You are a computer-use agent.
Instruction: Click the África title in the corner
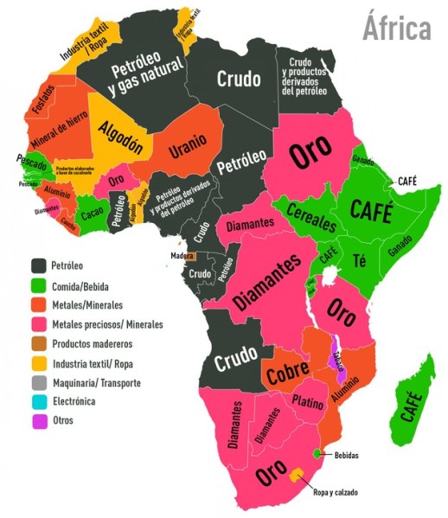395,28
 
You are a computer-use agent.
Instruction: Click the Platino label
308,401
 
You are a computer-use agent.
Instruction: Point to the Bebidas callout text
346,455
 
